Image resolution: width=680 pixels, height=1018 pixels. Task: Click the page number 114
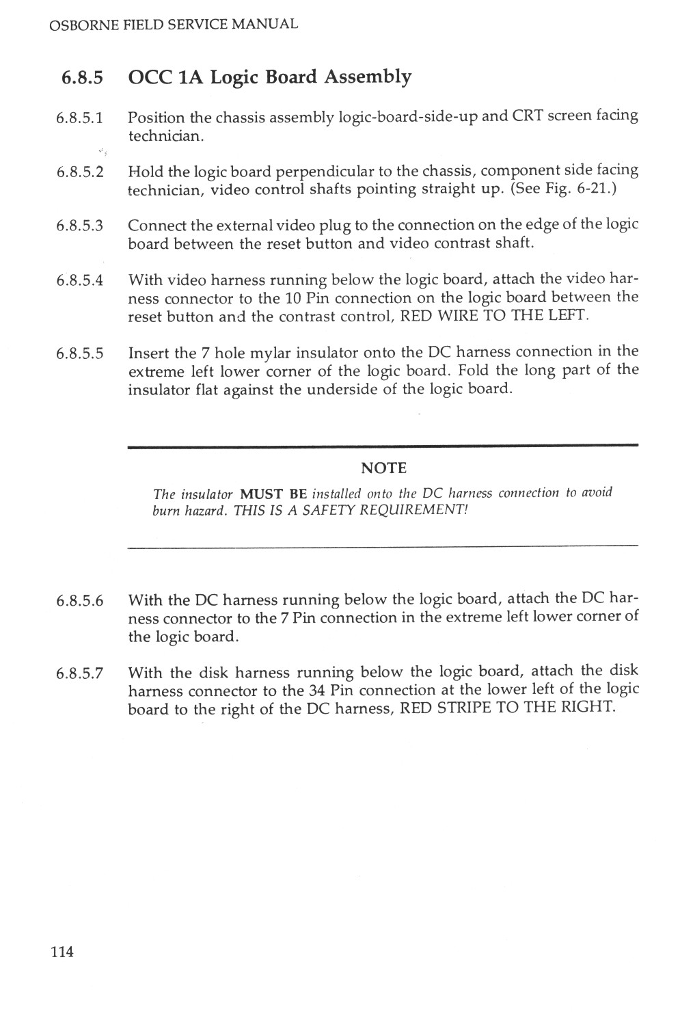click(x=62, y=951)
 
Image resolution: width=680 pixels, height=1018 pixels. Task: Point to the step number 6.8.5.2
click(x=79, y=172)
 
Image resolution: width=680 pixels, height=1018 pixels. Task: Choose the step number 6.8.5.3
click(x=79, y=226)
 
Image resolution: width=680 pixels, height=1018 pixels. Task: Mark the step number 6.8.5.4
click(x=79, y=280)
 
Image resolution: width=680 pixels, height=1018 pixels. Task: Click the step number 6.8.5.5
click(x=79, y=353)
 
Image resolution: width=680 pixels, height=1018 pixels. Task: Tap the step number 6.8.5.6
click(x=79, y=601)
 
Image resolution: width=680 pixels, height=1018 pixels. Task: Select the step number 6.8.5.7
click(x=79, y=673)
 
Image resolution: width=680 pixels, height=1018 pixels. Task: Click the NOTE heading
click(x=383, y=468)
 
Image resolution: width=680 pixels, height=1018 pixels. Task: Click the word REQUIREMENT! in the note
click(x=418, y=511)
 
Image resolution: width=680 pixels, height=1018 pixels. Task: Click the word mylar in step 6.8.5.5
click(x=269, y=353)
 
